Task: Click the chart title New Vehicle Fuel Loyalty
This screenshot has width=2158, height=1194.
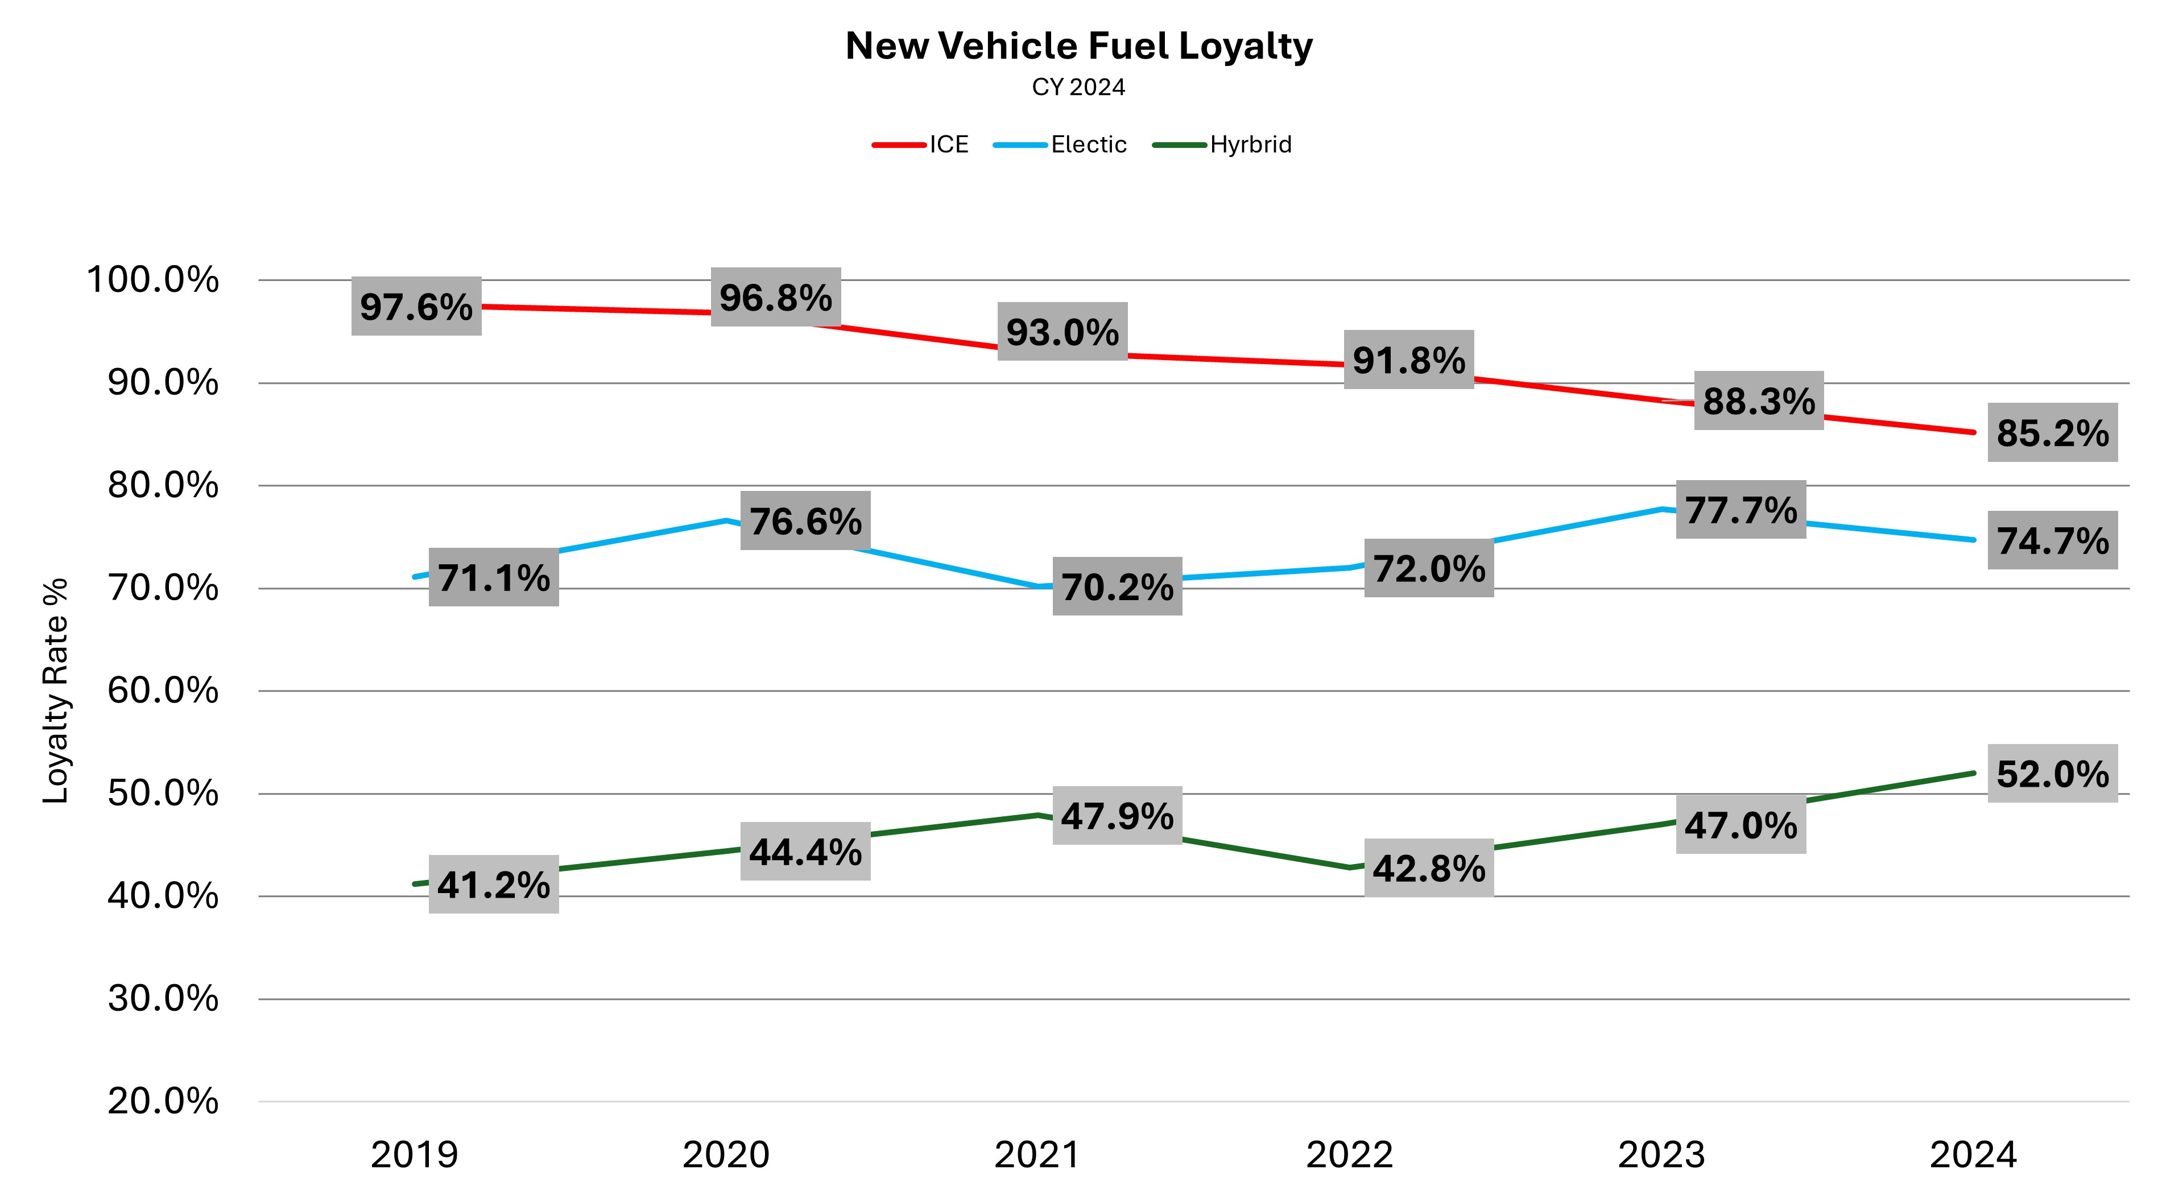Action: click(1078, 47)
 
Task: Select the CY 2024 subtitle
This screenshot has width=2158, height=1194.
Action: click(1078, 87)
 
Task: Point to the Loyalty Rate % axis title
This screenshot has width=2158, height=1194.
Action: click(55, 691)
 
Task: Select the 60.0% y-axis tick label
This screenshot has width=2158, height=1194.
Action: click(163, 691)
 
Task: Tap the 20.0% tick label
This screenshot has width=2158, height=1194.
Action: click(163, 1101)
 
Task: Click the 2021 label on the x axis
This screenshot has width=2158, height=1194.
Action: click(1037, 1155)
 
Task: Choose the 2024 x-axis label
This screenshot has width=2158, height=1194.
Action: click(1973, 1155)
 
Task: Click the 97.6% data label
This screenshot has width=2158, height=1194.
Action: click(416, 307)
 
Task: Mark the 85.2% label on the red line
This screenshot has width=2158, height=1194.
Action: click(2052, 433)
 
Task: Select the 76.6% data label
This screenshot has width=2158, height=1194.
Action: click(805, 521)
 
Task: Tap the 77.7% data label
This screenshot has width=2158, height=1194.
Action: click(1741, 510)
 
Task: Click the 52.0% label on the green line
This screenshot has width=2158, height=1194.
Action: click(2052, 774)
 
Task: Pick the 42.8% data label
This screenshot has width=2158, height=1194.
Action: click(1429, 868)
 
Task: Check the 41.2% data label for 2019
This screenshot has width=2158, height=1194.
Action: click(493, 885)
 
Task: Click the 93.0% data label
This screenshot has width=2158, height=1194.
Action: click(1063, 332)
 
